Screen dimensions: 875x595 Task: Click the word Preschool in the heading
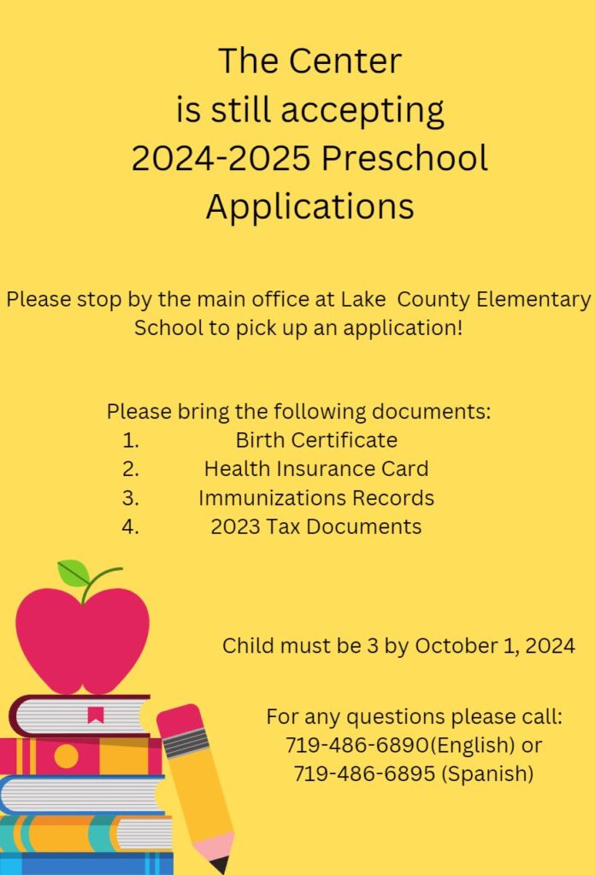(x=409, y=159)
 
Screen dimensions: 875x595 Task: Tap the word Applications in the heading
(x=309, y=207)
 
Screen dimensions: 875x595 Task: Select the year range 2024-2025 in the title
(x=224, y=159)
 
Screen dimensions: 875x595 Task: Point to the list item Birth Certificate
(x=316, y=440)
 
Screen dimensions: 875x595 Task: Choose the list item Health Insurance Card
(x=316, y=468)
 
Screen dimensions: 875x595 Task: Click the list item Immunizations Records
(x=316, y=497)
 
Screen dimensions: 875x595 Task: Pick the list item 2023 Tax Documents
(x=316, y=526)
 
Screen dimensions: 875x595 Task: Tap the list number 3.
(x=130, y=497)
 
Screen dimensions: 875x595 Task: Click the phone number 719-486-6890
(x=356, y=745)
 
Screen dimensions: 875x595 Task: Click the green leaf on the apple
(x=74, y=573)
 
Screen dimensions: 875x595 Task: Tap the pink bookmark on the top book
(x=95, y=715)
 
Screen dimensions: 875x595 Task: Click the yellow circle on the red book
(x=66, y=756)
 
